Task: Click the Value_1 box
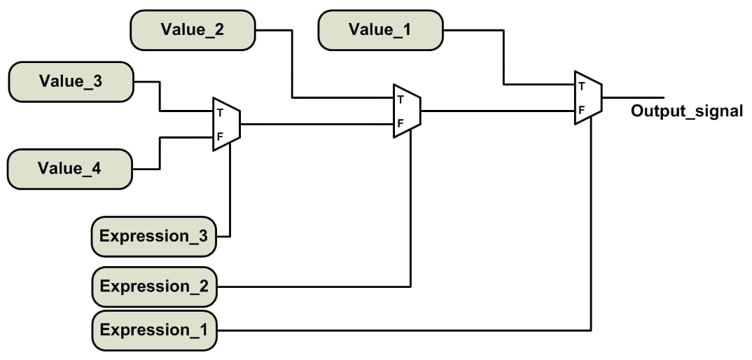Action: (380, 30)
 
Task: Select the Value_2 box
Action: (193, 30)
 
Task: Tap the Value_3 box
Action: (70, 81)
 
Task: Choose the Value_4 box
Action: (70, 169)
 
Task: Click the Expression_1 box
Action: (154, 330)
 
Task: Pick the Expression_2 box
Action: (154, 286)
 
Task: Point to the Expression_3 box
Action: (154, 236)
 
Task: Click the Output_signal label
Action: (686, 111)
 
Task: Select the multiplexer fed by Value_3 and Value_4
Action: (226, 124)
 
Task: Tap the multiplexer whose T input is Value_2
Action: (407, 111)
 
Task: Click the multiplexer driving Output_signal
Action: (588, 98)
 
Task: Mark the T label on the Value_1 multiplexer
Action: (581, 87)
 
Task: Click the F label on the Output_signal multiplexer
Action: (581, 110)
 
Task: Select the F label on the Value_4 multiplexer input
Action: (219, 137)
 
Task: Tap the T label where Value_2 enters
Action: (400, 99)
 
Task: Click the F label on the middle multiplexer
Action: (400, 123)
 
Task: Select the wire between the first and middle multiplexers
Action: (315, 124)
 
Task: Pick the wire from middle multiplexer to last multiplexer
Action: (497, 111)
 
